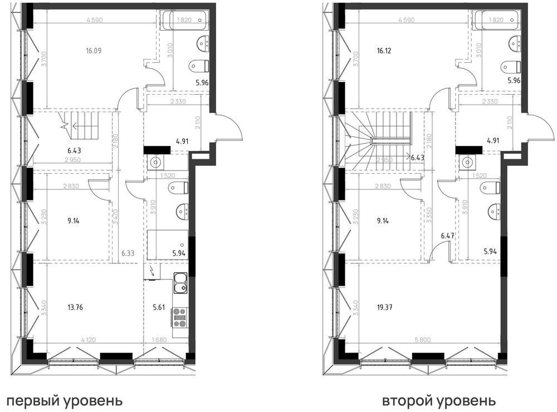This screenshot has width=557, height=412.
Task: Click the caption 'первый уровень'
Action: tap(63, 400)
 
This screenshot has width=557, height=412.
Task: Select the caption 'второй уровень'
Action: tap(438, 400)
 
